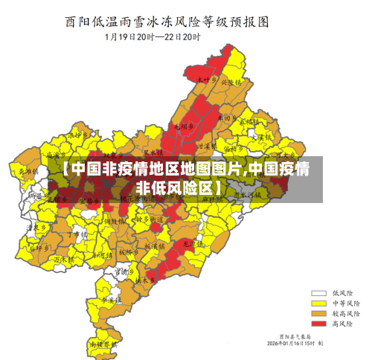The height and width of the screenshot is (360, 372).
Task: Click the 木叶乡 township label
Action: [x=206, y=78]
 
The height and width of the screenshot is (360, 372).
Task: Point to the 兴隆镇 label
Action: [x=231, y=83]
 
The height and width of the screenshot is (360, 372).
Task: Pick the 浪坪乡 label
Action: [x=78, y=136]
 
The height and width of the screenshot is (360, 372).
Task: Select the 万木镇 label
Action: [x=65, y=259]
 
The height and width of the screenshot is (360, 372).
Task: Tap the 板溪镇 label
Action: [x=155, y=245]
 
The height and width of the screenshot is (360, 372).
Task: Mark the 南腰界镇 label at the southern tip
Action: [x=103, y=345]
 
